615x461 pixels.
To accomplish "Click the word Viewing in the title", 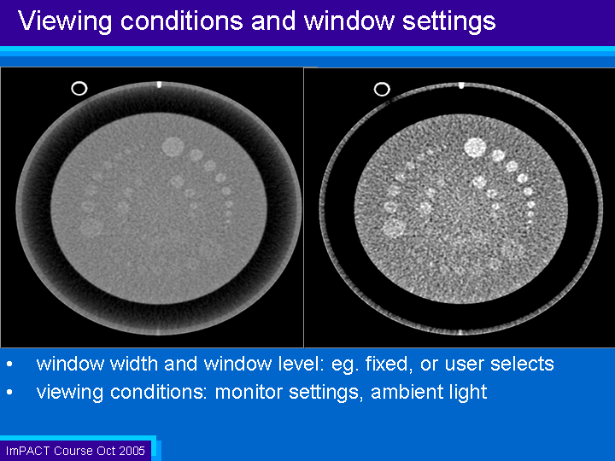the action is pos(65,21).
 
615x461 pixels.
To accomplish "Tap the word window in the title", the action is pos(349,20).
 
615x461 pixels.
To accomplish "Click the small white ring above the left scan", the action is pos(79,88).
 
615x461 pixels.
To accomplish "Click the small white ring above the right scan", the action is pos(382,89).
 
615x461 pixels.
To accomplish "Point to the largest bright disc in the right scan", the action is pos(476,148).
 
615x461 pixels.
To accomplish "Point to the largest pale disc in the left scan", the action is pos(173,147).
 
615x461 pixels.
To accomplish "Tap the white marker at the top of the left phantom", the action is pos(159,85).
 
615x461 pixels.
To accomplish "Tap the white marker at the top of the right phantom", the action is pos(461,85).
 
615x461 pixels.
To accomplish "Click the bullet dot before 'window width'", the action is pos(9,365).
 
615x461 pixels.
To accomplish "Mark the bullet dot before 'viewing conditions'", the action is pos(9,393).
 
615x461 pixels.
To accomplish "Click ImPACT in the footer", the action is pos(28,451).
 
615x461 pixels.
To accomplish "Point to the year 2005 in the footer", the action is pos(132,451).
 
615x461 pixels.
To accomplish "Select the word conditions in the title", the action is pos(182,20).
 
